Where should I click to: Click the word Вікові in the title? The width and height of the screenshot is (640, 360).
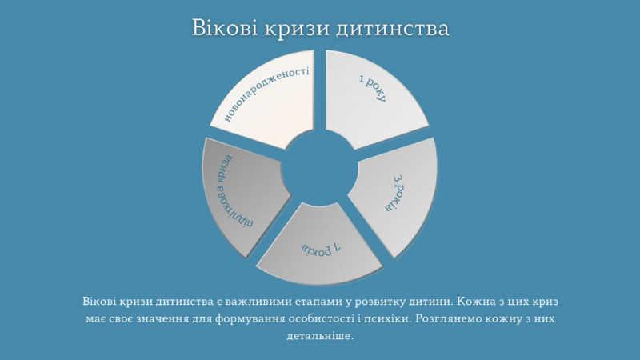(225, 28)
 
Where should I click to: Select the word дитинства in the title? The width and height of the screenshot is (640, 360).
(392, 29)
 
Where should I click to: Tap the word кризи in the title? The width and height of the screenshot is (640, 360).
(297, 29)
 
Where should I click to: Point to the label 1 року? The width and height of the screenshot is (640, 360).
(373, 87)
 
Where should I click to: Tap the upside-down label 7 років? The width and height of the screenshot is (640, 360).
(322, 249)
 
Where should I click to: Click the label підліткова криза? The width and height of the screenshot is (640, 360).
(234, 191)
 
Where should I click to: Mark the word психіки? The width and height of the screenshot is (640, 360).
(387, 318)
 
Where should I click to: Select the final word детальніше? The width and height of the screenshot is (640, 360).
(319, 335)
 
